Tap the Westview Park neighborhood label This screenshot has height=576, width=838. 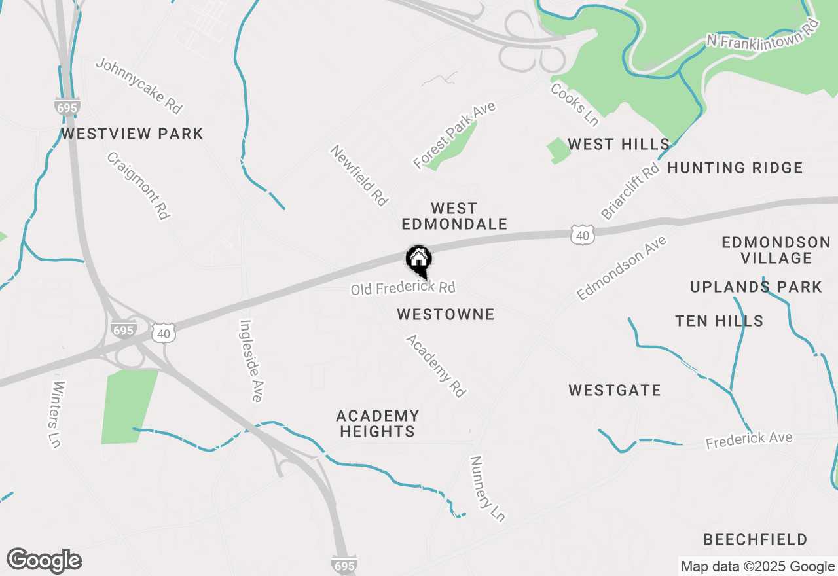[132, 134]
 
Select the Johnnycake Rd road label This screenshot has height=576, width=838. [139, 86]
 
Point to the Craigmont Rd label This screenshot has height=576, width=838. [139, 186]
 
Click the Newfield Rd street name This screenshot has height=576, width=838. [359, 176]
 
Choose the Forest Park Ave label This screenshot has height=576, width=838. [454, 135]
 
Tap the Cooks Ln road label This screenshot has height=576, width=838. [574, 104]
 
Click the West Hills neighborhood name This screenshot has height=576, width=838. [618, 144]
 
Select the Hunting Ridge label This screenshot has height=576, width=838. [735, 168]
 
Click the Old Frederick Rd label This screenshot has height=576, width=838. [403, 288]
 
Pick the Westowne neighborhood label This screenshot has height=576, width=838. [446, 315]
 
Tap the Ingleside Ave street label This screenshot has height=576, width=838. [251, 360]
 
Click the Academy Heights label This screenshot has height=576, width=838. [377, 423]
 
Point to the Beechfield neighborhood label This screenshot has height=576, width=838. [755, 540]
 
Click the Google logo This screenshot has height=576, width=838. [45, 561]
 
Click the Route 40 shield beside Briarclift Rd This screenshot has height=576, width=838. [582, 234]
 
